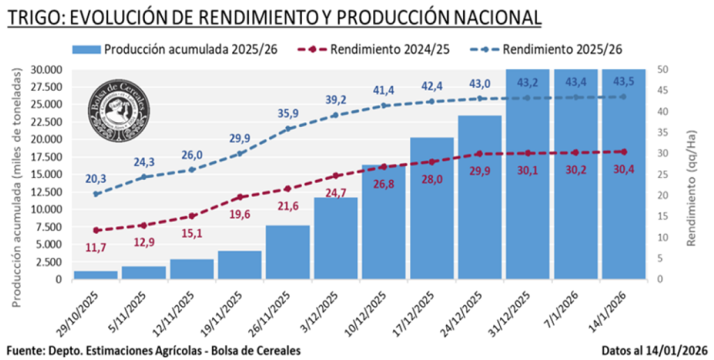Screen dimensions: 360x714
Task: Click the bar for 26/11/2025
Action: pos(288,252)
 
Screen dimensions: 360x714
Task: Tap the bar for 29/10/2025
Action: pos(96,275)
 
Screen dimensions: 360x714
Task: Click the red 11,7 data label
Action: pos(96,247)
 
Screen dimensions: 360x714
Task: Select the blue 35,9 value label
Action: pos(288,112)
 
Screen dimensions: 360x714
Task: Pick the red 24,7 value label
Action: pos(336,193)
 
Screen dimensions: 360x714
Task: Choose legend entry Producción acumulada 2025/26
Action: pos(174,50)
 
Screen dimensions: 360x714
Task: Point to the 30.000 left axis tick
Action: pos(47,70)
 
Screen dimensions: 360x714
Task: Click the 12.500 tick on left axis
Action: pos(47,192)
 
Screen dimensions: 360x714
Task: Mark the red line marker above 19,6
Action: pos(240,197)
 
